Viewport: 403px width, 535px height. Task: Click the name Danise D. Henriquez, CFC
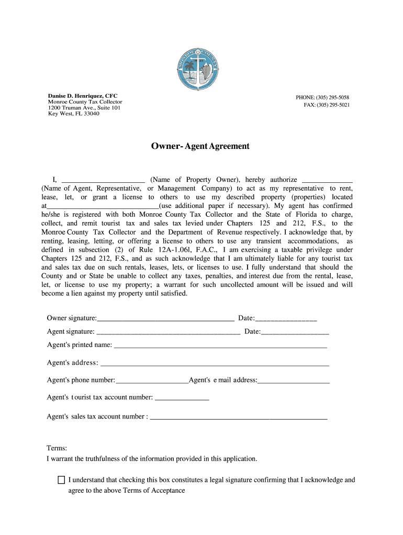[83, 96]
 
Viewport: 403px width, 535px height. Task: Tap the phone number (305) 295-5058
[322, 98]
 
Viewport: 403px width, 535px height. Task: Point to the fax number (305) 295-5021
[327, 105]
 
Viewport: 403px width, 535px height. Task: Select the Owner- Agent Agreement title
[200, 146]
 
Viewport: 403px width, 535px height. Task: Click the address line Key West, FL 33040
[74, 114]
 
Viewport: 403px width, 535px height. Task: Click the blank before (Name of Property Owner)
[103, 179]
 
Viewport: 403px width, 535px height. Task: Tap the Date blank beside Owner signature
[286, 318]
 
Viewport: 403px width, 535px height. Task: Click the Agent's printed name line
[220, 345]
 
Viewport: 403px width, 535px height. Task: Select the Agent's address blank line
[215, 363]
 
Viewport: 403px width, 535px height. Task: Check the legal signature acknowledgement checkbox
[61, 480]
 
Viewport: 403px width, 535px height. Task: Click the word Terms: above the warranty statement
[57, 448]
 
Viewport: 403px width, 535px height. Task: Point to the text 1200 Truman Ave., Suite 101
[84, 108]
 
